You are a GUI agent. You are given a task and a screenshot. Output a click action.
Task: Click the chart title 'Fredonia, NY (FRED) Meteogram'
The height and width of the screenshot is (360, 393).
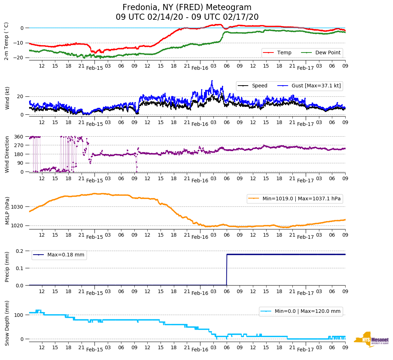click(187, 8)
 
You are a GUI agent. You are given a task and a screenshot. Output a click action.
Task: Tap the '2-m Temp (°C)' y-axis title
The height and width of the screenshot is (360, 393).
click(6, 41)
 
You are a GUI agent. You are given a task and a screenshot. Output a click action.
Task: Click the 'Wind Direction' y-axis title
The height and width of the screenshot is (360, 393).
click(7, 154)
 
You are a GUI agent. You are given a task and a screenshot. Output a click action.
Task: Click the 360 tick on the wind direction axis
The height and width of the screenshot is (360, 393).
click(19, 137)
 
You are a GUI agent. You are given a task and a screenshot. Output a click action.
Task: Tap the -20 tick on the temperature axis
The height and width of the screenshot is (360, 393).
click(18, 58)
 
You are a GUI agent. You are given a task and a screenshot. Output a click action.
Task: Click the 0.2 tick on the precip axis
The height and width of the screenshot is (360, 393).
click(19, 251)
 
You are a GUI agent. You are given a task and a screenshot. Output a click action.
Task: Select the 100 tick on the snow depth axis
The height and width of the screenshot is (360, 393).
click(19, 315)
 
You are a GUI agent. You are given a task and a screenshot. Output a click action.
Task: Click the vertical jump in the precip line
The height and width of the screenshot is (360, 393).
click(227, 270)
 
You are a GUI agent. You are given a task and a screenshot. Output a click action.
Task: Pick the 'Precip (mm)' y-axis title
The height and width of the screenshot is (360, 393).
click(7, 266)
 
